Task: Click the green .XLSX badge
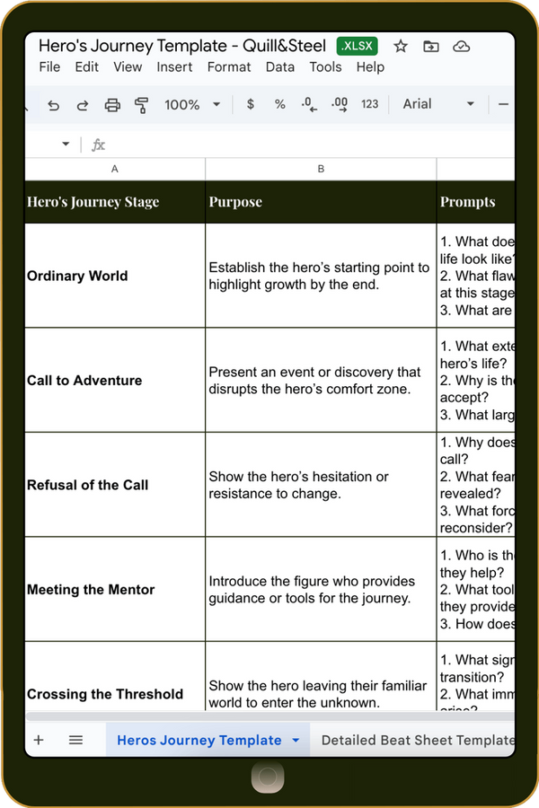[358, 46]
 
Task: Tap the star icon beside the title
[401, 46]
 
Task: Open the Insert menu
[174, 66]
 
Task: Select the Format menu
[229, 66]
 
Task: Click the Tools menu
[325, 66]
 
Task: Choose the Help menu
[370, 66]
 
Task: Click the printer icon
[112, 105]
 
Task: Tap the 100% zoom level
[182, 105]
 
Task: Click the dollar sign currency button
[251, 105]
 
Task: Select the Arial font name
[417, 104]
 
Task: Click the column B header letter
[321, 169]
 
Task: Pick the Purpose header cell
[321, 202]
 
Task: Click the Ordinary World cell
[115, 276]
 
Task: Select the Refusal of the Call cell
[115, 485]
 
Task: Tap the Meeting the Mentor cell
[115, 590]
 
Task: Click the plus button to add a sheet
[39, 740]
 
